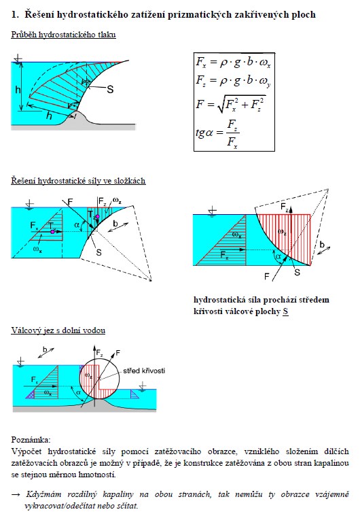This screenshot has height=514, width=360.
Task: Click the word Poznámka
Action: click(31, 440)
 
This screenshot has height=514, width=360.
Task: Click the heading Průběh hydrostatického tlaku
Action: click(64, 35)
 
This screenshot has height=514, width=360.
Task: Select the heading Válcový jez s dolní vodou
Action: click(58, 330)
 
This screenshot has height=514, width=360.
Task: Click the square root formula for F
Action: click(231, 103)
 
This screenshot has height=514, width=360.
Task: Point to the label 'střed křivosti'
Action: click(144, 371)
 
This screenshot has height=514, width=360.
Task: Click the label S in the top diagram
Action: click(111, 89)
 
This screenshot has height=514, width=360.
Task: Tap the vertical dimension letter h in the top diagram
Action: click(18, 90)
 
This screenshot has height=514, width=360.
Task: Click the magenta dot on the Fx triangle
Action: click(52, 232)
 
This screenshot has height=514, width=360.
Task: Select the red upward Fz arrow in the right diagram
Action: click(291, 211)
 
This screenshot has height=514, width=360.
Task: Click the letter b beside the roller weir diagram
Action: click(46, 349)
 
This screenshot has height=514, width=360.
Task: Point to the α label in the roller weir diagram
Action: click(78, 393)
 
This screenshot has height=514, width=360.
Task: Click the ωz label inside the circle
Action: click(88, 375)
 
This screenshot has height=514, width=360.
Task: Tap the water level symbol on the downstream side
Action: click(142, 385)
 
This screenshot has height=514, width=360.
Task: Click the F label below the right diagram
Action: click(267, 277)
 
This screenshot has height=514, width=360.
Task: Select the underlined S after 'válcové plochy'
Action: click(285, 311)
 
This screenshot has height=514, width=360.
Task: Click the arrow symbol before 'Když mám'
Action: click(16, 494)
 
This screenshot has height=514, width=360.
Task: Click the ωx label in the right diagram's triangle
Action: click(237, 235)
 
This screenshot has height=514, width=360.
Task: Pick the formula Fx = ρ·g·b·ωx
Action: click(233, 63)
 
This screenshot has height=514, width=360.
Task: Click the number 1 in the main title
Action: click(14, 14)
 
